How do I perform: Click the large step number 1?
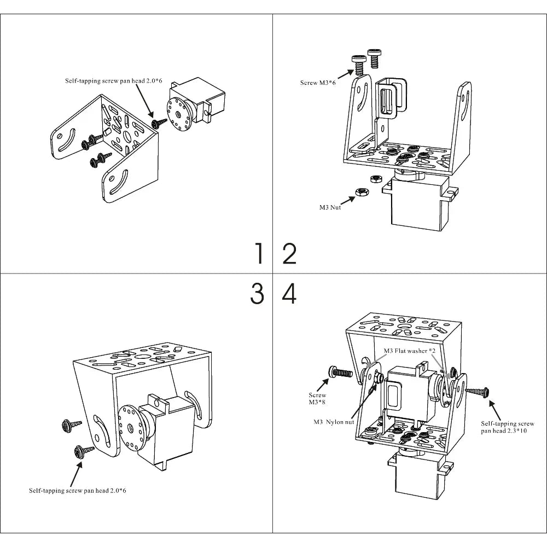click(x=259, y=254)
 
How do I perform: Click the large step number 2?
click(x=289, y=254)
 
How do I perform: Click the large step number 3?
click(x=257, y=294)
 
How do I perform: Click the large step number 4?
click(x=289, y=294)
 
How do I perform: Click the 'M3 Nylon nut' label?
click(x=334, y=422)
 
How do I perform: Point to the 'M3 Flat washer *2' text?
click(x=409, y=351)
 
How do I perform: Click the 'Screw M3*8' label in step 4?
click(x=317, y=399)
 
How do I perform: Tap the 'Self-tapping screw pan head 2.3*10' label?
click(x=507, y=427)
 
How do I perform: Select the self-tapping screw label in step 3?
click(x=78, y=491)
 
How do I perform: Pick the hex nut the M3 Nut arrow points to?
click(x=361, y=191)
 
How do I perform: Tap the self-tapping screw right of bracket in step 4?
click(x=478, y=391)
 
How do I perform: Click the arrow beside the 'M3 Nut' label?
click(x=344, y=199)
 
